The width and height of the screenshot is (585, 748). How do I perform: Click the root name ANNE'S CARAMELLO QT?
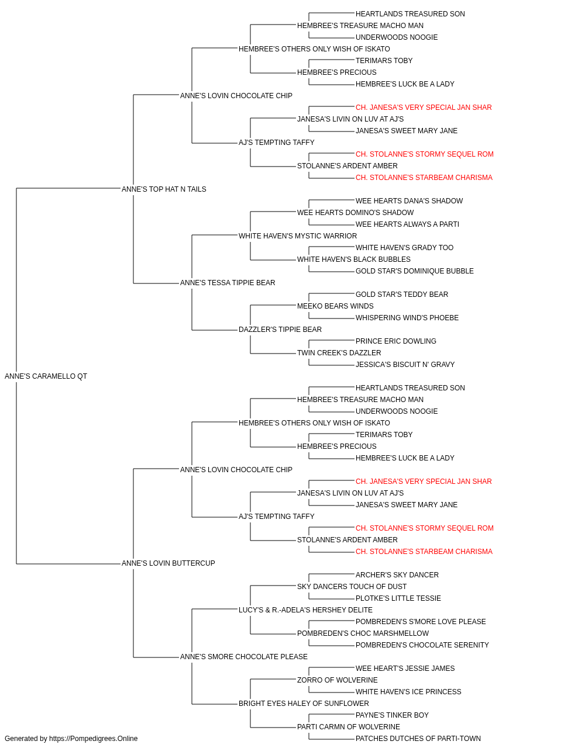point(46,376)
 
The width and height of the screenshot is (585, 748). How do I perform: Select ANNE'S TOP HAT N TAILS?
point(164,189)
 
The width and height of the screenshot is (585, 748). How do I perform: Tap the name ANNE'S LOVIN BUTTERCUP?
point(168,563)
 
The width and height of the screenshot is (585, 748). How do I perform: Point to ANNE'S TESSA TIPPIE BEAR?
point(228,283)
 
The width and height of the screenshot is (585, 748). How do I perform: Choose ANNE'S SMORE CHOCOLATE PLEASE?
point(244,657)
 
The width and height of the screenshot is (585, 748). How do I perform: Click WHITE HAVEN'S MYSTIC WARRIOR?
point(298,236)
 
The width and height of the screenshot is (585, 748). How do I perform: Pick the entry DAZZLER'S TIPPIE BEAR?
point(280,330)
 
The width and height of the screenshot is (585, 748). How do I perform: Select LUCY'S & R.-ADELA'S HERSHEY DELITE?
point(305,610)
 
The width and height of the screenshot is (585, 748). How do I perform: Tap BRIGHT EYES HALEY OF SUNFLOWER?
point(304,704)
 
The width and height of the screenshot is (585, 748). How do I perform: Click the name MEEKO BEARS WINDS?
point(335,306)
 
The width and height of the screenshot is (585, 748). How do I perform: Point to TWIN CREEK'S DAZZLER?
point(339,353)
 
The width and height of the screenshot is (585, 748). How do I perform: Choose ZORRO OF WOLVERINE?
point(338,680)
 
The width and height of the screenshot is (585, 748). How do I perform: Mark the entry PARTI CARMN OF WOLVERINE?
point(349,727)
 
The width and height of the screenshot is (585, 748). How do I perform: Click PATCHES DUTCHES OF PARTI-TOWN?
point(418,739)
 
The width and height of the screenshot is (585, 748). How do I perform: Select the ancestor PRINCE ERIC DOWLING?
point(396,341)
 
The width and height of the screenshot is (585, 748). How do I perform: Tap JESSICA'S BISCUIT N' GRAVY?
point(405,365)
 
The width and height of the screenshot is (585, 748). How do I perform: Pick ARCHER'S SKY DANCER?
point(397,575)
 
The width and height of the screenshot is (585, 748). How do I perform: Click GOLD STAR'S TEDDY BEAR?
point(402,295)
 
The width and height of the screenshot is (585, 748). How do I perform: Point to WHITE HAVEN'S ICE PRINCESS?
point(408,692)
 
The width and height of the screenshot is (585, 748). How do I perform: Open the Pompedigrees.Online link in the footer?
point(94,739)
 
